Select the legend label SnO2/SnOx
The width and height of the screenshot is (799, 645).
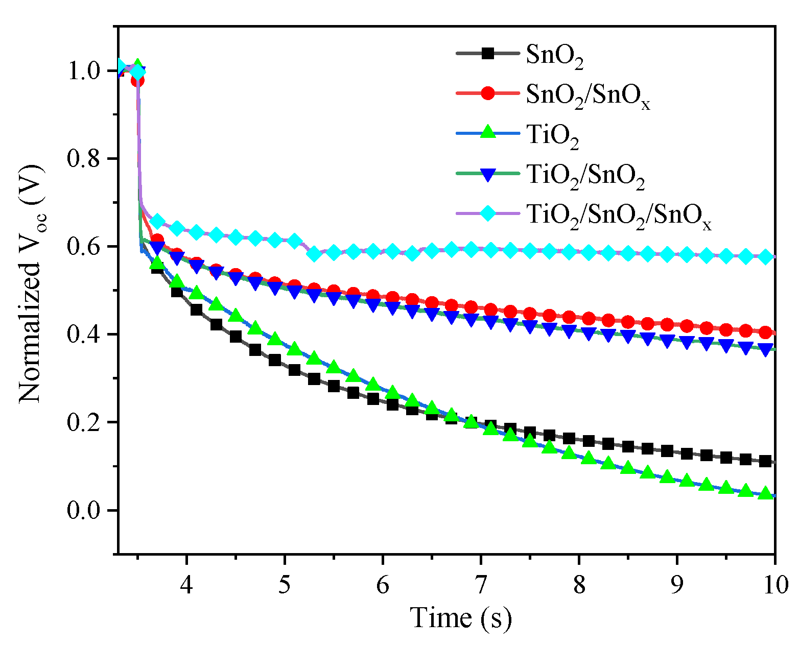coord(587,95)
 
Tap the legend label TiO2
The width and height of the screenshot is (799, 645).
coord(552,135)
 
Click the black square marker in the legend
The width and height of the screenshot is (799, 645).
coord(488,53)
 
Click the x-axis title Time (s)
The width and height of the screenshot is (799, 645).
coord(461,618)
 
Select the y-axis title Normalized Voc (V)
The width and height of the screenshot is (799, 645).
coord(31,283)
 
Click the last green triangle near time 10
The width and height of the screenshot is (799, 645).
coord(765,493)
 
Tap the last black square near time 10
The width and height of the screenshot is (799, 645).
coord(765,462)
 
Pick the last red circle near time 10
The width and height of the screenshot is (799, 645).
coord(765,333)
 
